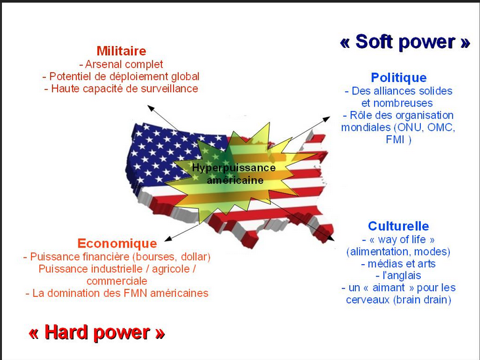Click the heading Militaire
(x=121, y=51)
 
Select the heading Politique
(x=398, y=78)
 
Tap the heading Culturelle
(x=398, y=226)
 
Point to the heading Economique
(x=117, y=243)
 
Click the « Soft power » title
(x=405, y=42)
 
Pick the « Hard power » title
(x=96, y=332)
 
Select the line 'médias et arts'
(x=398, y=263)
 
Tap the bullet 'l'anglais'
(x=398, y=275)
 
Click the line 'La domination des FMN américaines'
(x=117, y=293)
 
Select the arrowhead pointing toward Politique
(x=329, y=119)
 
